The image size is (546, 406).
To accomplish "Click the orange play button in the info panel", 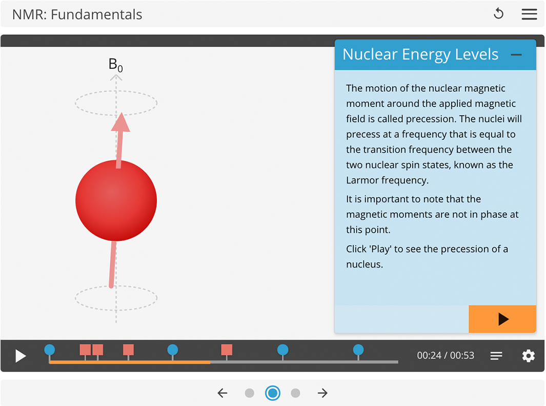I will [502, 319].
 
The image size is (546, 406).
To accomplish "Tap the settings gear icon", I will [528, 356].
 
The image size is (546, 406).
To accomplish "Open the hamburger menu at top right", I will [529, 14].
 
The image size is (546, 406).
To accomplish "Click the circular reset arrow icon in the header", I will [498, 14].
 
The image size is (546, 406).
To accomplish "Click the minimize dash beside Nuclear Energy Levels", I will [516, 55].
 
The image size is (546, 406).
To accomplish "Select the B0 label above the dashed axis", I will [115, 65].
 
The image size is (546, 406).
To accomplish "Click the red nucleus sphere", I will [116, 200].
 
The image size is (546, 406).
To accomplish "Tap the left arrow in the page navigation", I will [222, 393].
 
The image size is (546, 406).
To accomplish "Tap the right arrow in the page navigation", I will [322, 393].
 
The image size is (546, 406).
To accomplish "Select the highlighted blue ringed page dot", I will [273, 393].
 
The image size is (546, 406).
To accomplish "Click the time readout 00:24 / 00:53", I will [445, 356].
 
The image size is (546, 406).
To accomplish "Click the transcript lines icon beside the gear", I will [496, 356].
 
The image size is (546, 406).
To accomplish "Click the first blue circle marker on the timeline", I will [49, 350].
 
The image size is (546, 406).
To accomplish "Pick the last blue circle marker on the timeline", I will [358, 350].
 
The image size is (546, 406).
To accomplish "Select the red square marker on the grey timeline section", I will [227, 350].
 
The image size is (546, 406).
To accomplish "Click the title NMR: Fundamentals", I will [77, 14].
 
